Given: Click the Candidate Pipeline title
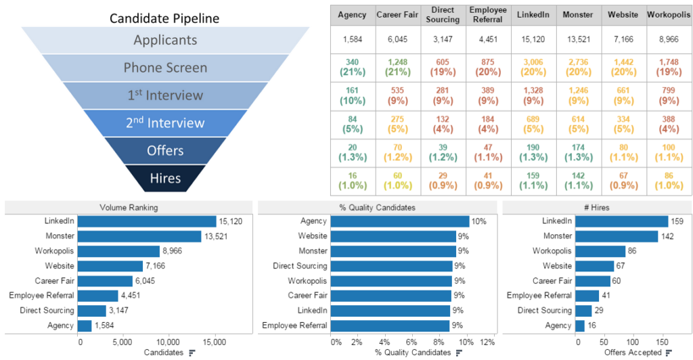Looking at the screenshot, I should [x=164, y=18].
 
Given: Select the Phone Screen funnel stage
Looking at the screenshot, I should [x=165, y=68].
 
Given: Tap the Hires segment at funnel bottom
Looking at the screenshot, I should [x=165, y=179].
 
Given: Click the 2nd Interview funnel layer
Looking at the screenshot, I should [x=165, y=123].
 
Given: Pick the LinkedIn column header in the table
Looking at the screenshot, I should [x=533, y=14].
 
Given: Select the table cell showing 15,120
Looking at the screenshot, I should [x=533, y=39].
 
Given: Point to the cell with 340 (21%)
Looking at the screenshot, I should [x=351, y=67].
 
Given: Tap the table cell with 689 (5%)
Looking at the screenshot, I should [x=533, y=124].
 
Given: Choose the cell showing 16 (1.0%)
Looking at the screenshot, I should [x=351, y=179].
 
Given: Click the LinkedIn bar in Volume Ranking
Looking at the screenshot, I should [x=147, y=221].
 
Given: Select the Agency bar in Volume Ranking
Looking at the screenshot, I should [x=85, y=325].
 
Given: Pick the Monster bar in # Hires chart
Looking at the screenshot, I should [x=616, y=236].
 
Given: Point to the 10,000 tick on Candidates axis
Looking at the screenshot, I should [x=168, y=341].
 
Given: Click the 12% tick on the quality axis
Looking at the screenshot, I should [x=487, y=341].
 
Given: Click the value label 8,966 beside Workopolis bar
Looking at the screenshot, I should [x=173, y=251].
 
